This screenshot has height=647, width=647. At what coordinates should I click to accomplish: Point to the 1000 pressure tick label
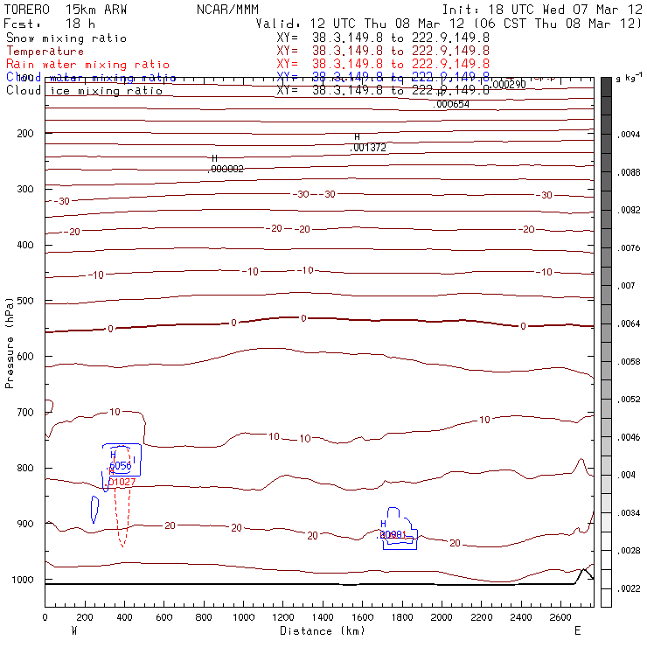point(25,580)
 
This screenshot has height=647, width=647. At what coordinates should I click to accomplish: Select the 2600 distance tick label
point(561,617)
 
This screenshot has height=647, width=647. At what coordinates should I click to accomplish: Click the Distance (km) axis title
point(318,630)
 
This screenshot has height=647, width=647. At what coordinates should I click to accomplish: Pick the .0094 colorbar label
point(630,135)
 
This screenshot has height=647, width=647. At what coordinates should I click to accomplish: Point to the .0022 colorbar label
point(630,589)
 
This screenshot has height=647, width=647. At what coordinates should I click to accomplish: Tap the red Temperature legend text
point(45,52)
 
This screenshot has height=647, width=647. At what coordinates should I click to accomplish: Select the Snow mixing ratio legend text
point(66,38)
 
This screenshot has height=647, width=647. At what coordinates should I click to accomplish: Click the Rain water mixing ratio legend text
point(87,65)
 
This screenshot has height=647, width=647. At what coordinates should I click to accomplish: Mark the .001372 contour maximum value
point(367,148)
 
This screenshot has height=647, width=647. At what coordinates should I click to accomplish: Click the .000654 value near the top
point(452,104)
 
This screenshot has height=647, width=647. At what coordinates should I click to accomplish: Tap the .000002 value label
point(226,169)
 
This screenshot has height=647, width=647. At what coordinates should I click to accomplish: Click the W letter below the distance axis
point(73,630)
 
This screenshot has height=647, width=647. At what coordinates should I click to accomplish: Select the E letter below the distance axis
point(577,630)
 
